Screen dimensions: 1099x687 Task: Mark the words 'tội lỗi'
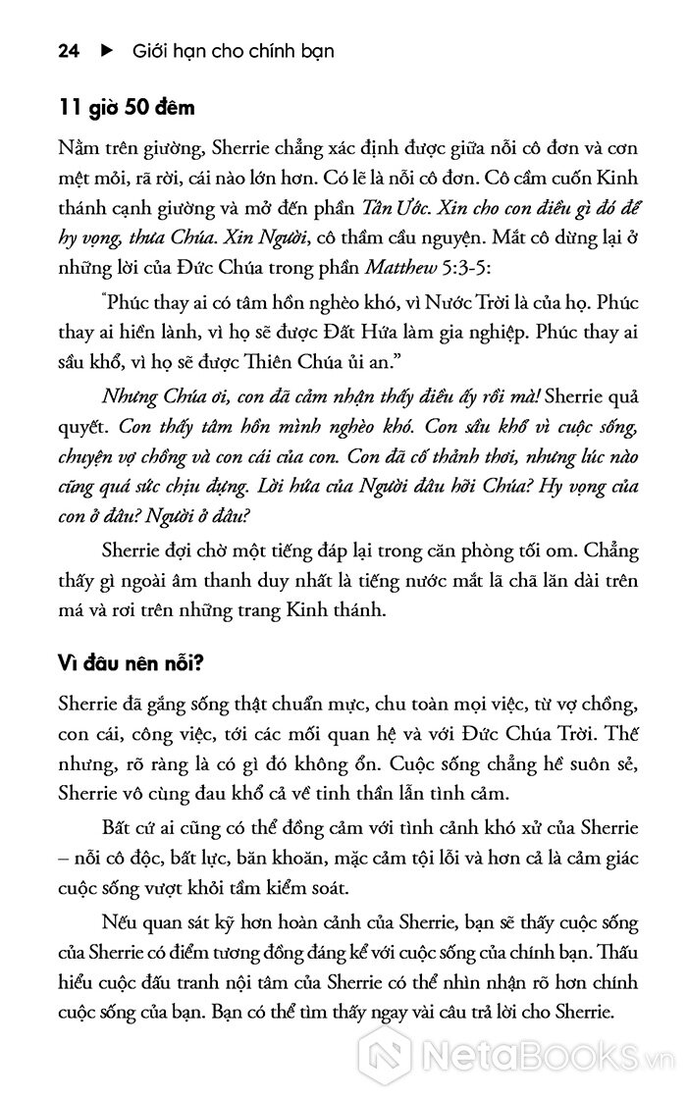(390, 861)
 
